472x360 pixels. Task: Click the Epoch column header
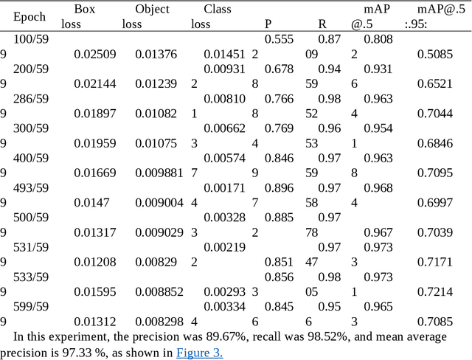29,16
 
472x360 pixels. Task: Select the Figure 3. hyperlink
199,352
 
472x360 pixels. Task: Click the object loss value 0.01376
156,54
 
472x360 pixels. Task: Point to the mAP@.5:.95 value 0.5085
435,54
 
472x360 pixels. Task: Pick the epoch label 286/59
31,99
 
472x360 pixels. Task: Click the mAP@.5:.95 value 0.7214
435,291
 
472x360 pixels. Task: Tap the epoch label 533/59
31,277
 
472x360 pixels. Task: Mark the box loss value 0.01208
95,262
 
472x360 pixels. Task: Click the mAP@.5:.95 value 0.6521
435,84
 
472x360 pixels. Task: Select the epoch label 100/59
31,38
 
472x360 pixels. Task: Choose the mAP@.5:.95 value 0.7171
435,262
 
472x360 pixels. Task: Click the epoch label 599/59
31,306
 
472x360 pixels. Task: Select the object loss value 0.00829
156,262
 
